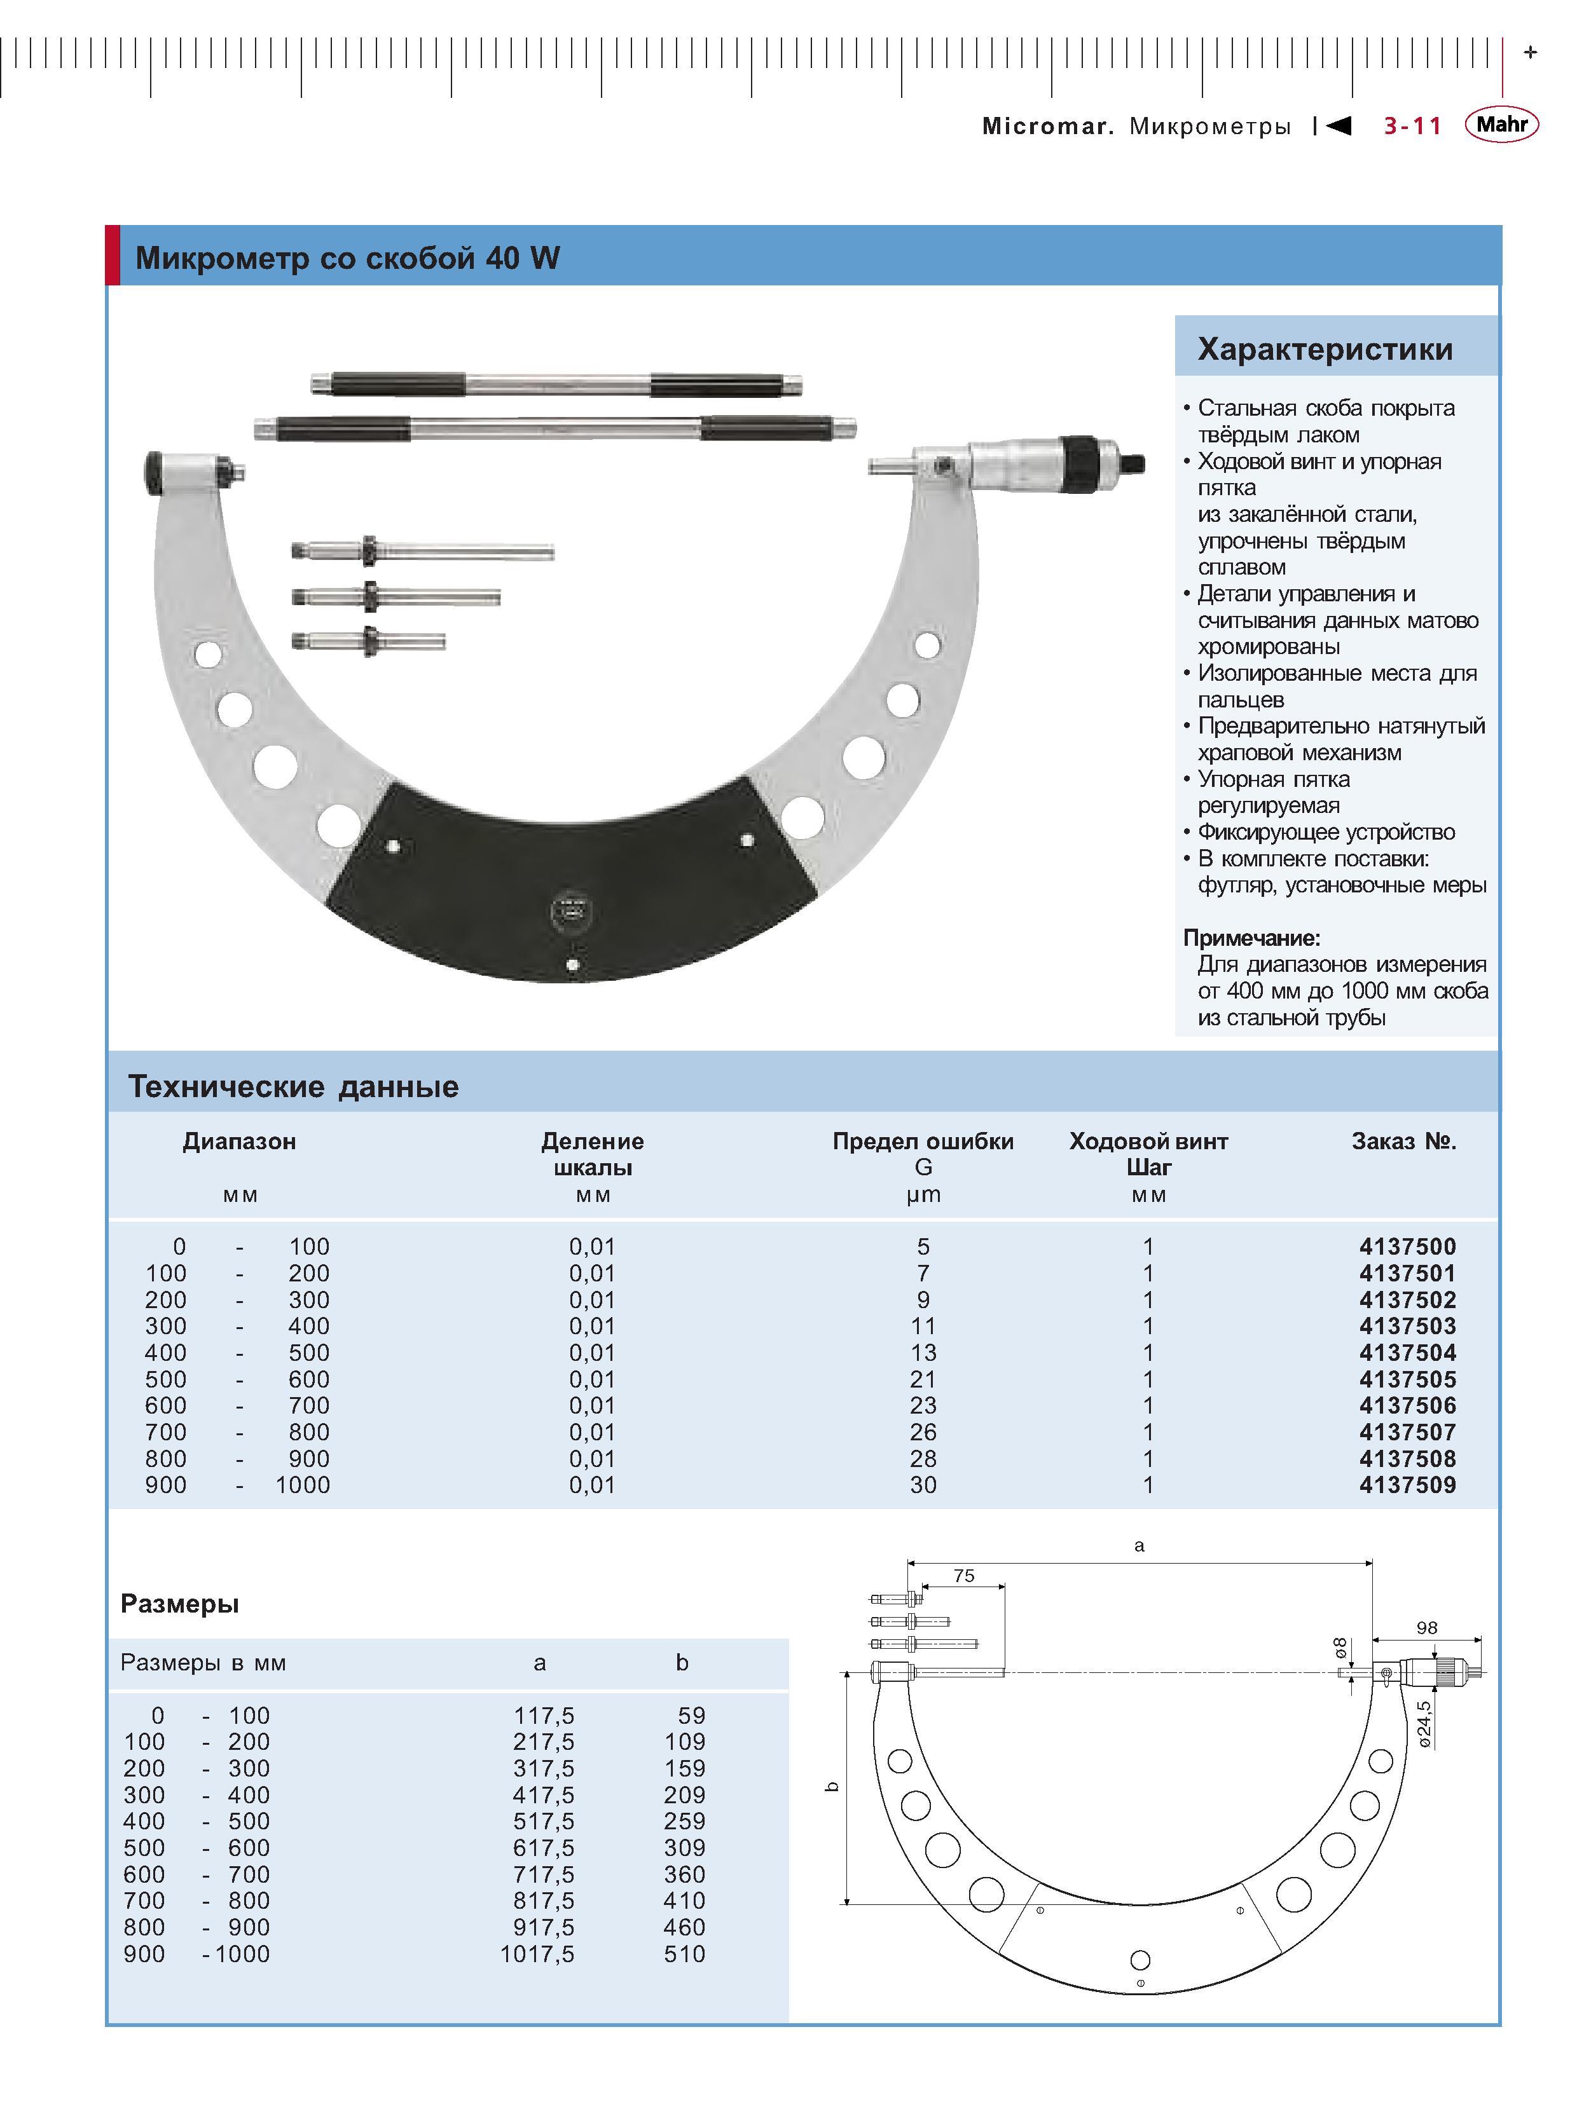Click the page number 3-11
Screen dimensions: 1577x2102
(x=1412, y=125)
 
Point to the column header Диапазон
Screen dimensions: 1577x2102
(x=240, y=1142)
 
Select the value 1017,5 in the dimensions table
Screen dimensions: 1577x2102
(x=537, y=1954)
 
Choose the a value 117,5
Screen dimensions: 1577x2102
(x=544, y=1716)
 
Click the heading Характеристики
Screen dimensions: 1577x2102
(x=1325, y=349)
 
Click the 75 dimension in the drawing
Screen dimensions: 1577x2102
(x=964, y=1576)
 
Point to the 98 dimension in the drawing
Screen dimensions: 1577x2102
(x=1427, y=1628)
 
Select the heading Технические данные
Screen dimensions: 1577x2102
(x=294, y=1086)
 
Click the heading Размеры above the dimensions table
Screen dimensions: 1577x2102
(x=180, y=1604)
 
